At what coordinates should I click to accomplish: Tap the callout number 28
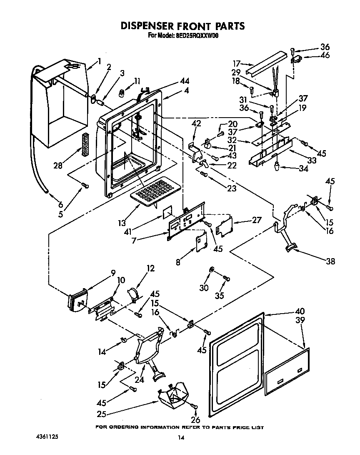tap(58, 166)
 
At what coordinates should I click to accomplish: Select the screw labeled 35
tap(227, 278)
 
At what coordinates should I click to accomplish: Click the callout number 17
tap(237, 64)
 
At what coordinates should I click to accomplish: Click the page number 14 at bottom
tap(180, 437)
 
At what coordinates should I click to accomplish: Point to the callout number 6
tap(60, 205)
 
